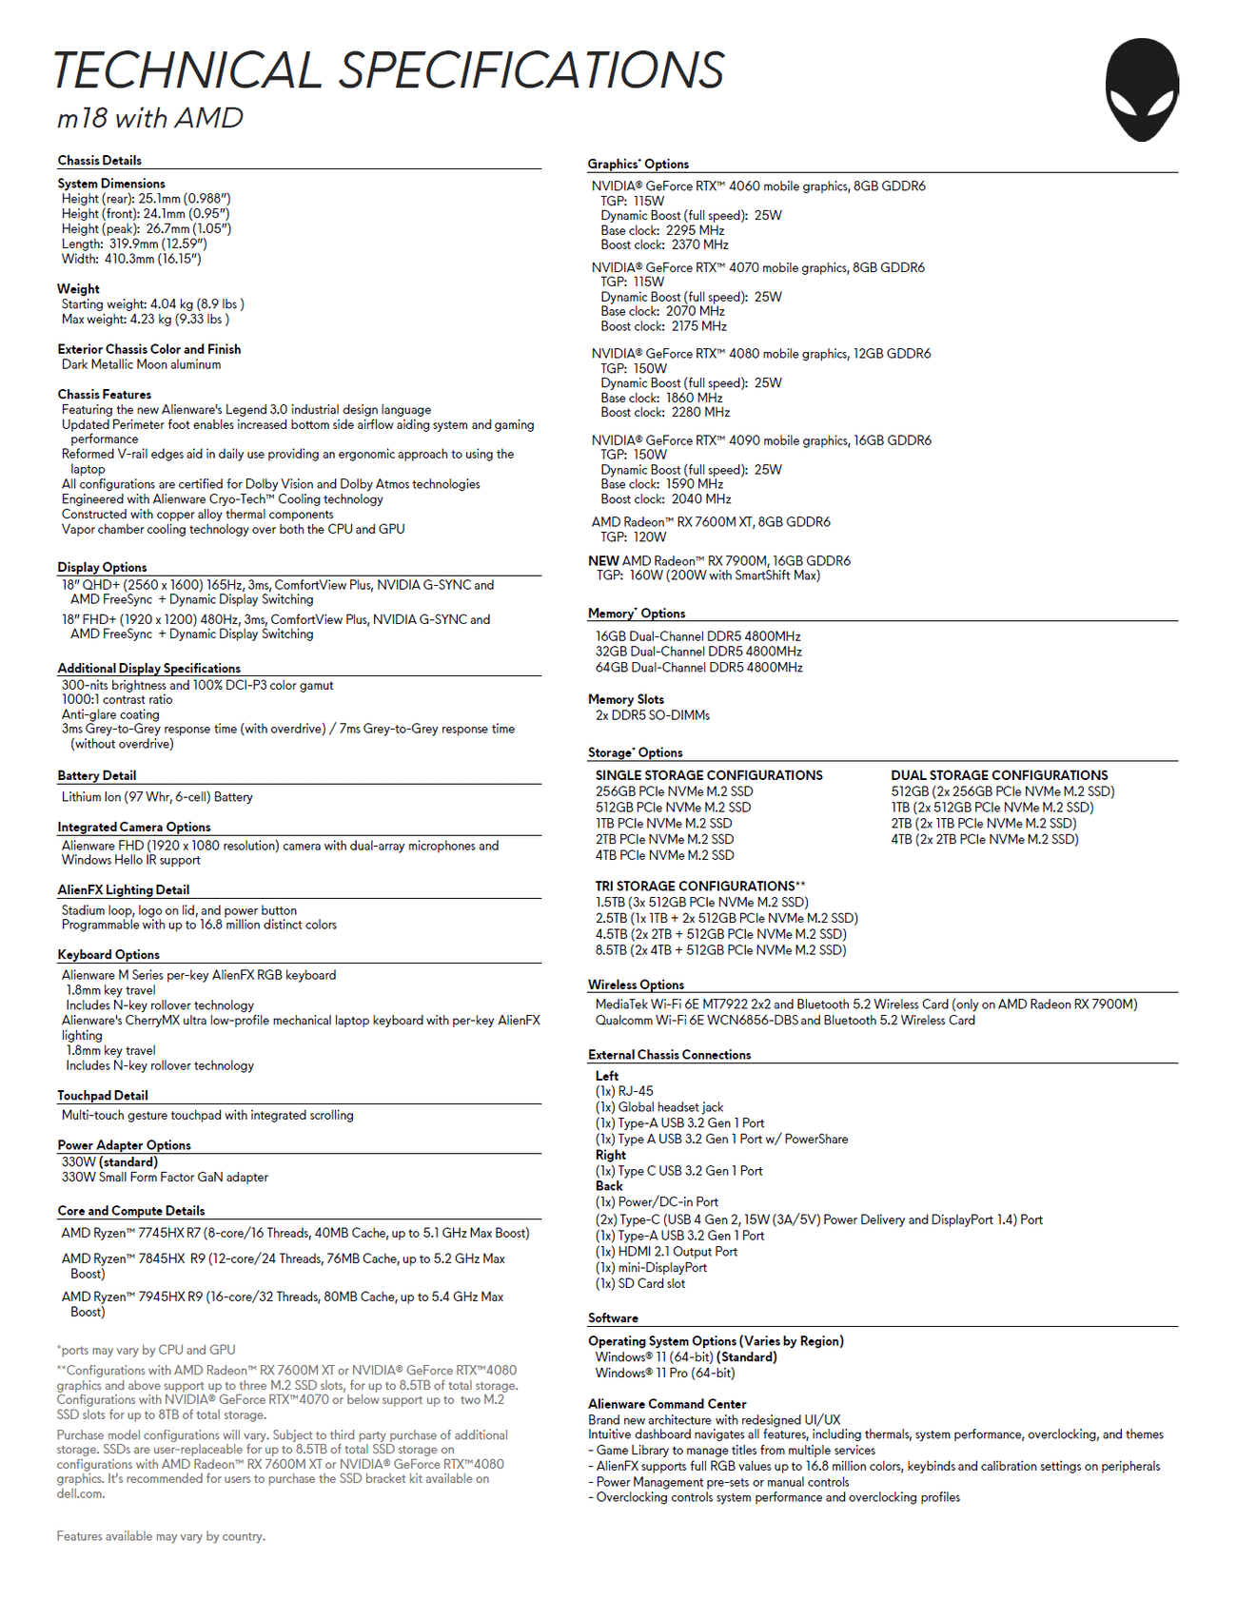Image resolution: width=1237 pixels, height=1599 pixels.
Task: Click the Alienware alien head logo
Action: pos(1142,89)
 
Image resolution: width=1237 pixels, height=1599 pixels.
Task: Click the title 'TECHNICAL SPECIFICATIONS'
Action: pos(388,70)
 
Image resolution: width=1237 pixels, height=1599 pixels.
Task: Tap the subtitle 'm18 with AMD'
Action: pos(150,118)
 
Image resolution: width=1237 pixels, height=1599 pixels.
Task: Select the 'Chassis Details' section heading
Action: pos(100,161)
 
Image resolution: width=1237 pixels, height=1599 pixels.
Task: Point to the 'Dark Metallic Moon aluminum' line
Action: pos(141,364)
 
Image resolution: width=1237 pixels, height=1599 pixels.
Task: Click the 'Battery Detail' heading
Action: pos(97,775)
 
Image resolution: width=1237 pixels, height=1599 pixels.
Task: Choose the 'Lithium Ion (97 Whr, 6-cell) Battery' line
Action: pos(157,797)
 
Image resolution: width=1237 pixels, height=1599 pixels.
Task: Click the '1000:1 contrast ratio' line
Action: pos(117,699)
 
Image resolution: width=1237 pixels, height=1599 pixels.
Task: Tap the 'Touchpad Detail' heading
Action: pos(103,1095)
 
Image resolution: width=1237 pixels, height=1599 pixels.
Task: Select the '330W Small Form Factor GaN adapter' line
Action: pos(165,1177)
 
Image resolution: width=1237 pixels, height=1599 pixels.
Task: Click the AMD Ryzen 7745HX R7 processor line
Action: pos(295,1233)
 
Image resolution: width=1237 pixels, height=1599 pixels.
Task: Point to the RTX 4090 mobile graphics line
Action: pos(761,440)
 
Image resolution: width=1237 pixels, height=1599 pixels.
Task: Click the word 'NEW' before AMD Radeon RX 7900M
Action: pos(603,560)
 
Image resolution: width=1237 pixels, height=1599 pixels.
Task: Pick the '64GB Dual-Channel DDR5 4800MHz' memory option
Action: pos(698,668)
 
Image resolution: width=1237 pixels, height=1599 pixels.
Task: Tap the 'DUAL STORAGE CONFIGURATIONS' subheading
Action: pos(999,775)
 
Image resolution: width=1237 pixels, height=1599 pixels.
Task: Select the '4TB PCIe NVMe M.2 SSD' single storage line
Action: pos(664,855)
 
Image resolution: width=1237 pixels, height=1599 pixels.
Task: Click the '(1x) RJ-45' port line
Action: pos(624,1091)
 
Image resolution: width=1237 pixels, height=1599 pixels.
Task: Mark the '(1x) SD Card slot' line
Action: pos(639,1283)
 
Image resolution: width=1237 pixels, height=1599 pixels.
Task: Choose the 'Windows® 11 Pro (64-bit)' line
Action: pos(665,1373)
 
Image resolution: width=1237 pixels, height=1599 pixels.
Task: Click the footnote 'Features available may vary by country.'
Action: pos(161,1536)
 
